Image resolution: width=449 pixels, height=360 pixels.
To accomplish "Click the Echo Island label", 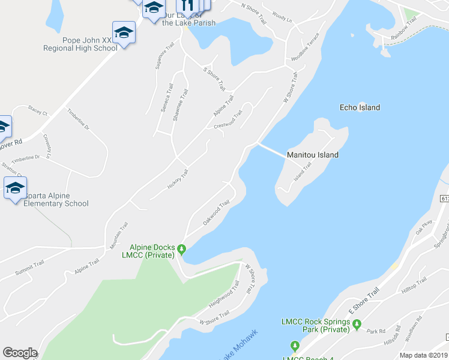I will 360,107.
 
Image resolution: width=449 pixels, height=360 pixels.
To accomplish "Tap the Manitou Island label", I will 312,155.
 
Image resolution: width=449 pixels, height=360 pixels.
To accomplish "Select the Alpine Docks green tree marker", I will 181,248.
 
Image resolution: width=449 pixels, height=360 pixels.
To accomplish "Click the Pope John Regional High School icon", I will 124,32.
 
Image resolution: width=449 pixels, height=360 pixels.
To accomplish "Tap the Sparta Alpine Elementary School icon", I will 15,188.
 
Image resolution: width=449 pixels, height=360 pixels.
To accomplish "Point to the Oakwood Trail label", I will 216,213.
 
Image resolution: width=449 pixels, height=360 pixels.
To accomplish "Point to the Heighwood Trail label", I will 224,295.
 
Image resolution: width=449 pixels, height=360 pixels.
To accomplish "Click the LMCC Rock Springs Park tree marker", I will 358,325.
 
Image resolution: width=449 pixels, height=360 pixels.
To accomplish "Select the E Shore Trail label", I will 364,302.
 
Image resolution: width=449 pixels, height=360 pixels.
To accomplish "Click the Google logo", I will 20,353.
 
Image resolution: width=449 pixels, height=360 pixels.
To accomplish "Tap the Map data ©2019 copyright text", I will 424,355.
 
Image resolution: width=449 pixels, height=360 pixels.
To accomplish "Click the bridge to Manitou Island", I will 271,149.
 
